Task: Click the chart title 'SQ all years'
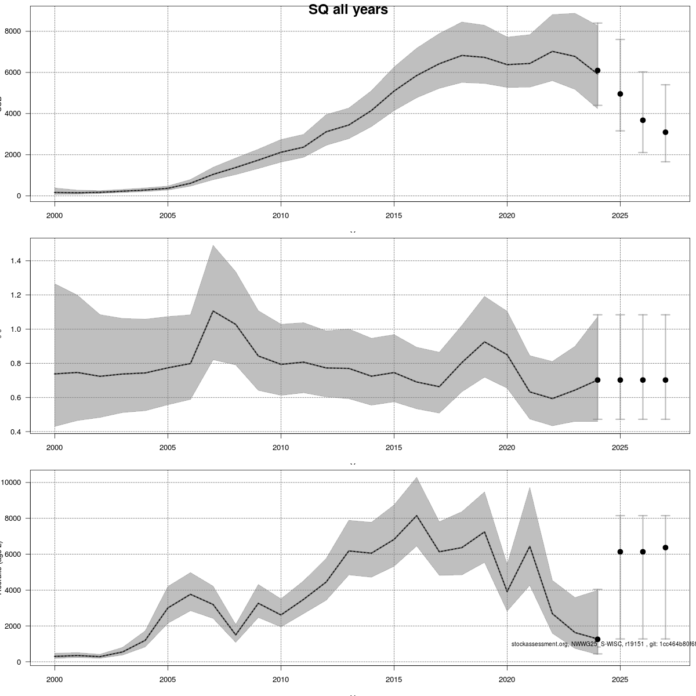coord(348,10)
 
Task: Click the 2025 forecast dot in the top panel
coord(620,94)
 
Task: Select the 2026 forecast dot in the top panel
coord(643,120)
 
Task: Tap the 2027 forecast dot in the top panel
coord(665,132)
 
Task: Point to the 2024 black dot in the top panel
coord(597,70)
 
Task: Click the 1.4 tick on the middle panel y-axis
coord(16,261)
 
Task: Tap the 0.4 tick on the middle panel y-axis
coord(16,432)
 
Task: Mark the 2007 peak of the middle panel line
coord(213,311)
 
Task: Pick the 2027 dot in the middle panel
coord(665,380)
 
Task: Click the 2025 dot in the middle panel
coord(620,380)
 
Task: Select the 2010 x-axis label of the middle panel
coord(281,448)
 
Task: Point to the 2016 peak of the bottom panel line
coord(416,516)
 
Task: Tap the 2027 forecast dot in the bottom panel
coord(665,548)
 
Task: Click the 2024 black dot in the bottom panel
coord(597,639)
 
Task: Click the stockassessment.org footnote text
coord(603,644)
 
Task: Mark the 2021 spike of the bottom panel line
coord(530,546)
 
